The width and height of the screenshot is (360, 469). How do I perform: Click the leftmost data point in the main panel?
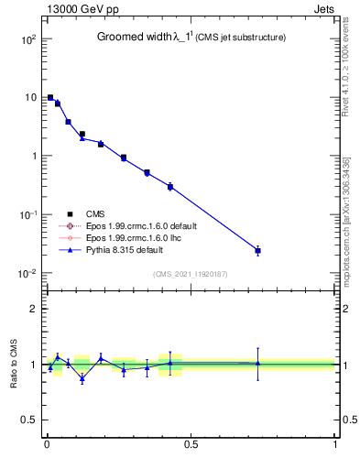[x=50, y=97]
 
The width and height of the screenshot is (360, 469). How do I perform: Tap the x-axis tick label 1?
[x=334, y=444]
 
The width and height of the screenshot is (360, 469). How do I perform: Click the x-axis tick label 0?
[x=46, y=444]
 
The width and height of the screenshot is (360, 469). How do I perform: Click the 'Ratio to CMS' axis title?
[x=14, y=365]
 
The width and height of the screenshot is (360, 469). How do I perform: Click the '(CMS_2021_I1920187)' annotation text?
[x=191, y=273]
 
